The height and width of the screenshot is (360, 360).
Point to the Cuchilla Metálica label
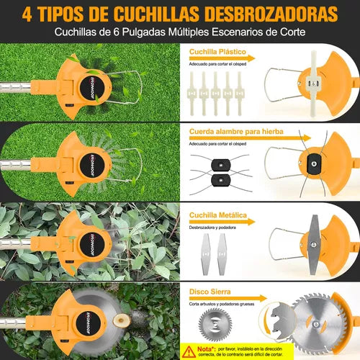[x=220, y=215]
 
